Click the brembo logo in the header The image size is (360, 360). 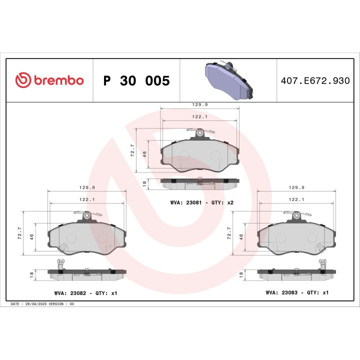(49, 80)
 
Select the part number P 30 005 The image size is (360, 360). (136, 81)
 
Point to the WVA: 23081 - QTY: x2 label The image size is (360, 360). (201, 203)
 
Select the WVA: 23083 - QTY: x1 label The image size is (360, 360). (296, 292)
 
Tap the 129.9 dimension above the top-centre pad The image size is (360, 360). (200, 105)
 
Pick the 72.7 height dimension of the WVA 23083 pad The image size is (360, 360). (229, 234)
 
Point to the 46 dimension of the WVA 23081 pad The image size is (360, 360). (145, 154)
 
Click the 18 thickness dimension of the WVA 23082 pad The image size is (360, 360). (31, 274)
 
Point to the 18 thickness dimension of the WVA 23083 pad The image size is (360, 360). (241, 274)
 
